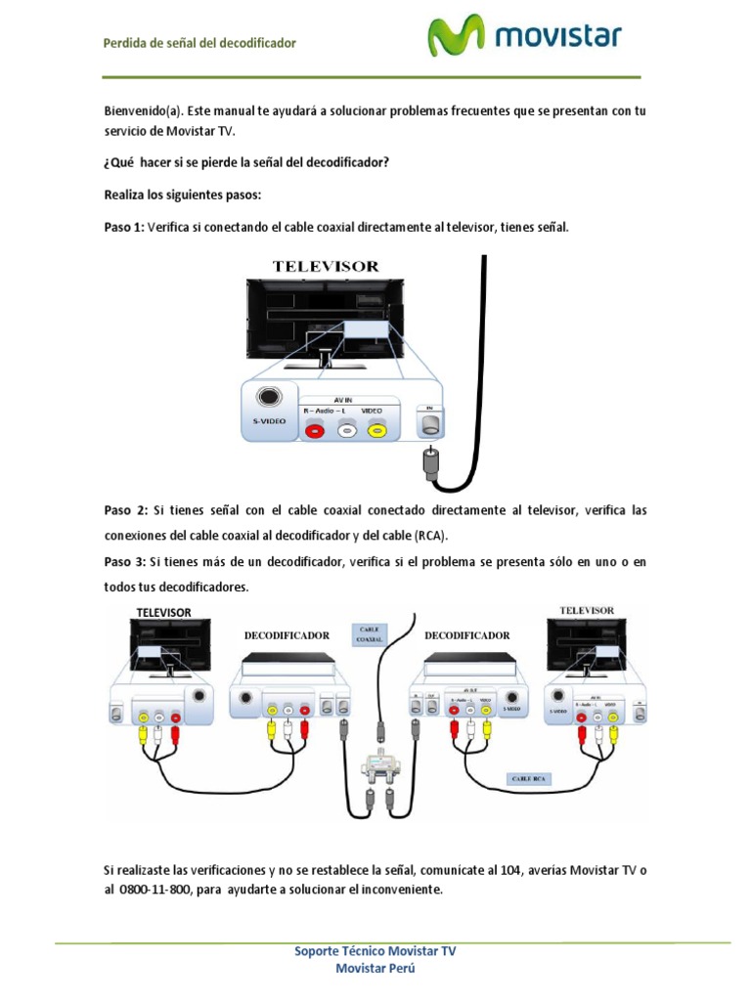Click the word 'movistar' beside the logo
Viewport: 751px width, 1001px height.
558,38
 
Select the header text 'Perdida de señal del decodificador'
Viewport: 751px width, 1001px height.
199,43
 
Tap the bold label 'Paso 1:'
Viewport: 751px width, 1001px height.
124,227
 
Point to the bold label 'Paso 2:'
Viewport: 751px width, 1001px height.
125,510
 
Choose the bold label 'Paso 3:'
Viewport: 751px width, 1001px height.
125,561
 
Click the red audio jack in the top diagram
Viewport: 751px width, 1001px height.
315,429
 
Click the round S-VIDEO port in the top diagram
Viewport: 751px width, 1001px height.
268,398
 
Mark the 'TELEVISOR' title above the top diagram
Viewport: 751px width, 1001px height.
326,266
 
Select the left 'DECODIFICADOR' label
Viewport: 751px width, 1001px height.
287,634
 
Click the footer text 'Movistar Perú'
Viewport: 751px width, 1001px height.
375,968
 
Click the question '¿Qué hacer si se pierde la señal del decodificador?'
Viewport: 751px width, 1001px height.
246,162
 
